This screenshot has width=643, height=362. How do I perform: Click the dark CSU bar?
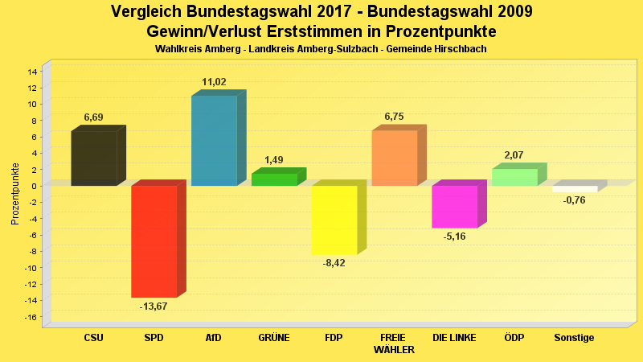point(93,158)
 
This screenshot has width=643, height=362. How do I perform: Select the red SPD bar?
point(154,241)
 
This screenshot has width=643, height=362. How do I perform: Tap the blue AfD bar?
point(214,141)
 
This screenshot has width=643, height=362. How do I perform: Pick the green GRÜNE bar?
point(274,179)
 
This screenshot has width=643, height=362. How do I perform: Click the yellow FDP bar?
point(334,220)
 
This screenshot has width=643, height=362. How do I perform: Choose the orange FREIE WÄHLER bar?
point(394,158)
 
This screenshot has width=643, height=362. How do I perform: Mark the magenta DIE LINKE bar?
point(454,207)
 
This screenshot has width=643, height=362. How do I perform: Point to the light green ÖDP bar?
point(514,177)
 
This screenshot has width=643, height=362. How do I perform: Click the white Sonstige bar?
point(575,189)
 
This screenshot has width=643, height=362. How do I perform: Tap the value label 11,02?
point(214,82)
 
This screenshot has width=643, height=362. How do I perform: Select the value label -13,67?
point(154,306)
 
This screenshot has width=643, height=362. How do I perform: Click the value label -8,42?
point(334,263)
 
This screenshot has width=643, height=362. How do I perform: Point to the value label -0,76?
point(575,200)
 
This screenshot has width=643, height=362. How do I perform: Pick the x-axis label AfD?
point(214,338)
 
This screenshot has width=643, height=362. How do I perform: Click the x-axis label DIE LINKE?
point(454,338)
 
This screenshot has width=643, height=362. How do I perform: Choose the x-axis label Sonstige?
point(575,338)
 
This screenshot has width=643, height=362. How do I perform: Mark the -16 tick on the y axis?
point(31,317)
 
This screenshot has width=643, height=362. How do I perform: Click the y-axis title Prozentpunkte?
point(15,194)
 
